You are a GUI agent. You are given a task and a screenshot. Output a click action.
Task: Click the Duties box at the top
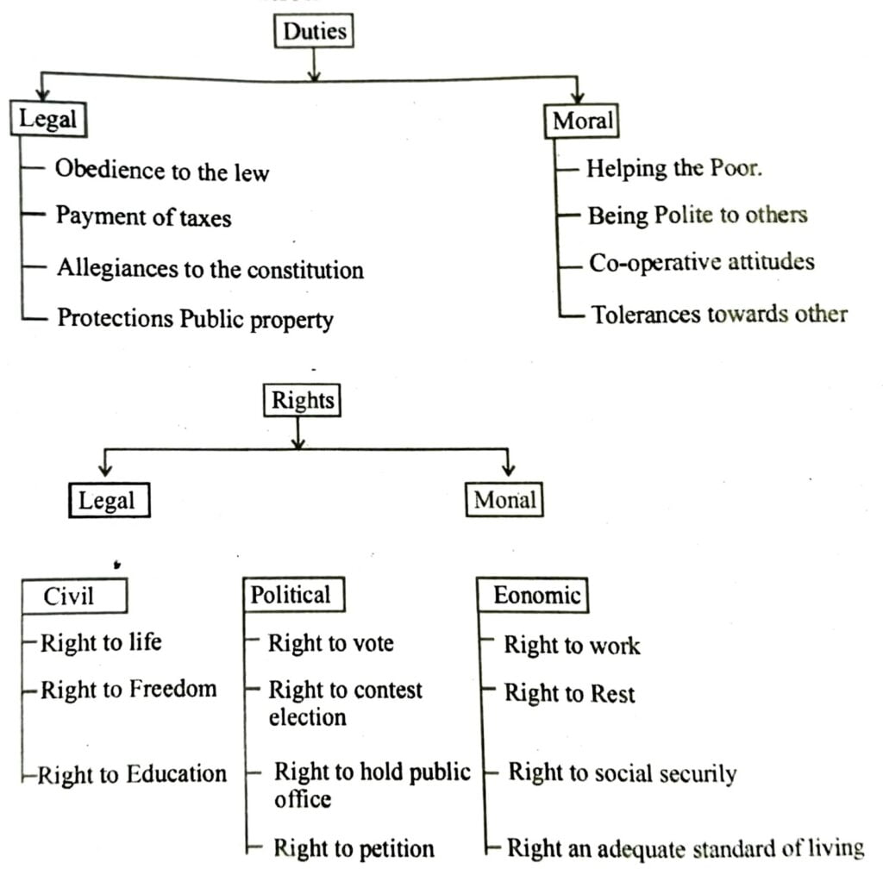coord(314,33)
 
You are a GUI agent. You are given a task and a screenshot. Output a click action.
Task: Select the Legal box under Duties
coord(47,119)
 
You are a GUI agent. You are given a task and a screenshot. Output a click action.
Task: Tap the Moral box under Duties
coord(584,122)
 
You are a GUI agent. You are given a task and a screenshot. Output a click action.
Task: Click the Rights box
coord(302,401)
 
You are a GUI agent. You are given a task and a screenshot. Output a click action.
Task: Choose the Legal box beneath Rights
coord(108,500)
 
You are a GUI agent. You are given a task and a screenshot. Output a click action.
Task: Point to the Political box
coord(291,595)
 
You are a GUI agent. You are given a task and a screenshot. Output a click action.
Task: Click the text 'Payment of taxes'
coord(144,216)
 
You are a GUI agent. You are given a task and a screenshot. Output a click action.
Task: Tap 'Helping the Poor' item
coord(674,168)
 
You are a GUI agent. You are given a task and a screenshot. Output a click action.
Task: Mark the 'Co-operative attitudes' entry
coord(701,262)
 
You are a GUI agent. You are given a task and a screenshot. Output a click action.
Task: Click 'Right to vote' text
coord(330,643)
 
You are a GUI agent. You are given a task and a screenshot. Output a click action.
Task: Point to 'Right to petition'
coord(354,848)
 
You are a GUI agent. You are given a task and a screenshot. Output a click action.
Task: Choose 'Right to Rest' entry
coord(569,693)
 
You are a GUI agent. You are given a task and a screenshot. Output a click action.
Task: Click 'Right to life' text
coord(101,642)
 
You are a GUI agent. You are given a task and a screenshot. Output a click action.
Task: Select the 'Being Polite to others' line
coord(698,216)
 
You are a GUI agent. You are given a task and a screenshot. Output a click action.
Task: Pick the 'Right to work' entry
coord(572,645)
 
